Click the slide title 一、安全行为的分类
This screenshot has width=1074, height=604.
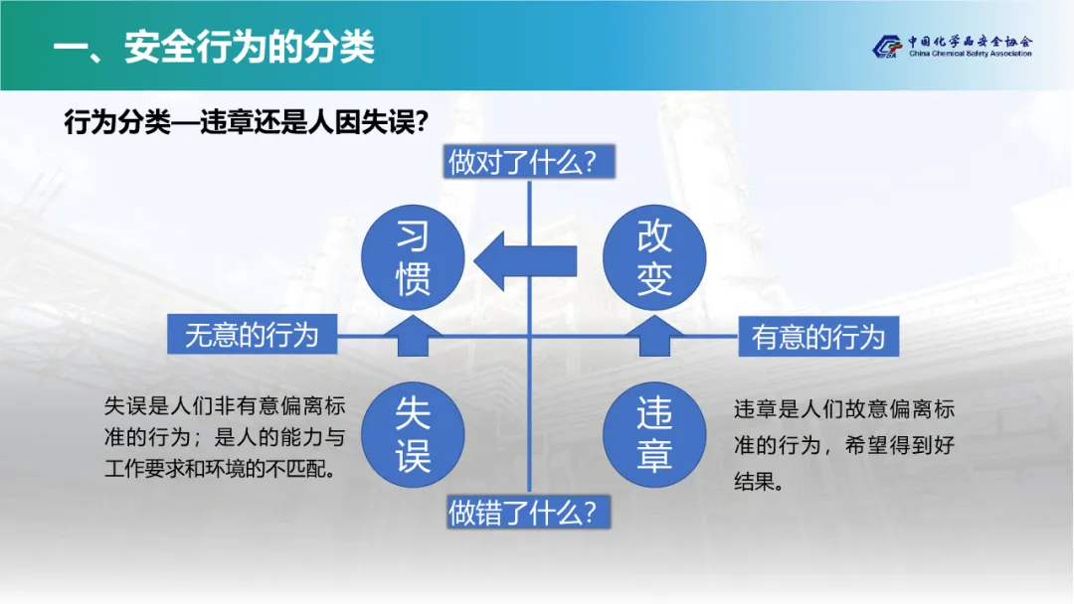[213, 47]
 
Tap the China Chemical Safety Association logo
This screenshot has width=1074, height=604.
[886, 47]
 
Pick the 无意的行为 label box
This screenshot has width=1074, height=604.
[253, 334]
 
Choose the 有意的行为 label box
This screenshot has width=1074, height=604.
[817, 337]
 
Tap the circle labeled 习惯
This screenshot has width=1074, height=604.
[412, 258]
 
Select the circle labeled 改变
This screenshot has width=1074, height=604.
[655, 258]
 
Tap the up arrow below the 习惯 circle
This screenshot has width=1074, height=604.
[412, 337]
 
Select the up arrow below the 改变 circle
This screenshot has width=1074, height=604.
[655, 337]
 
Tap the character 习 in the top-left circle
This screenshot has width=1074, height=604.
[412, 237]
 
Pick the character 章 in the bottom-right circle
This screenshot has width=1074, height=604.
[655, 455]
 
